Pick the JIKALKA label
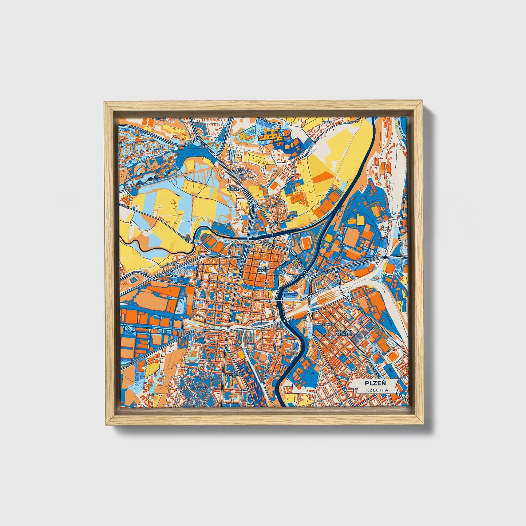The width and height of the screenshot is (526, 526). [173, 264]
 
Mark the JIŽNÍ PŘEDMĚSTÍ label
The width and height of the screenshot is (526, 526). [234, 373]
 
